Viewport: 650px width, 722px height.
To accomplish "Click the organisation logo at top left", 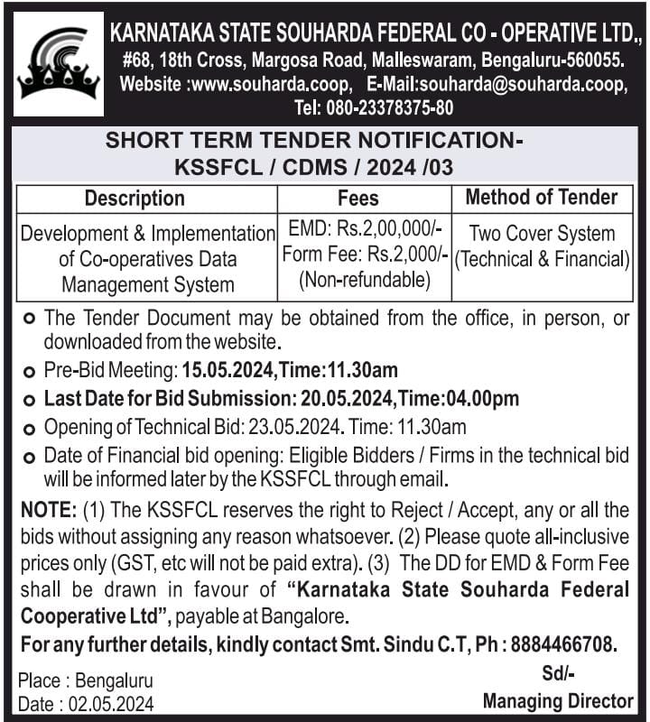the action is [x=58, y=64].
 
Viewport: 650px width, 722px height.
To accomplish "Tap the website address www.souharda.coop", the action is [x=279, y=85].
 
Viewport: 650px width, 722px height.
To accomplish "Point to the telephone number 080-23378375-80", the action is [x=399, y=107].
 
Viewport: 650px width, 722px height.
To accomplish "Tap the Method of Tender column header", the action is [x=542, y=198].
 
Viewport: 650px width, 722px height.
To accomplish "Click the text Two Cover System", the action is [x=542, y=234].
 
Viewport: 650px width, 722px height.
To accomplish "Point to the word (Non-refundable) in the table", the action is [x=364, y=280].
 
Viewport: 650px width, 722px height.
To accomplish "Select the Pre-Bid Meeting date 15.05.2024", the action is [x=227, y=370].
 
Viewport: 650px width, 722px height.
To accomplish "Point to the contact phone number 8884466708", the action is [x=563, y=645].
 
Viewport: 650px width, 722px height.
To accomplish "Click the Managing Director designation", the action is [x=558, y=700].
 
